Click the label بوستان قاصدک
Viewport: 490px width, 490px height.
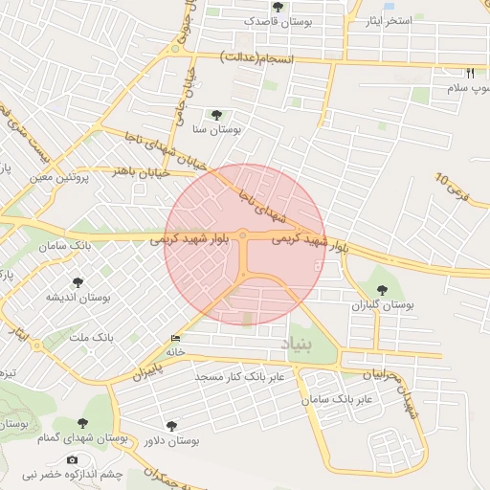click(248, 19)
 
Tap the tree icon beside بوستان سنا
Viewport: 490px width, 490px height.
click(228, 114)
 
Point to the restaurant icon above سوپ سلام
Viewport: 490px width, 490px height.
click(470, 74)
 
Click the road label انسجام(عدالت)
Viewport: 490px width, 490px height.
click(258, 57)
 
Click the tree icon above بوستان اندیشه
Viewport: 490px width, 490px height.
click(78, 283)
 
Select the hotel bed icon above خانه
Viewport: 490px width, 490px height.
click(174, 340)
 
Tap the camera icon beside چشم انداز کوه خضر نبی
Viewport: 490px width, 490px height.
click(99, 460)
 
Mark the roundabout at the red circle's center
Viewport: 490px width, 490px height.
click(244, 234)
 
